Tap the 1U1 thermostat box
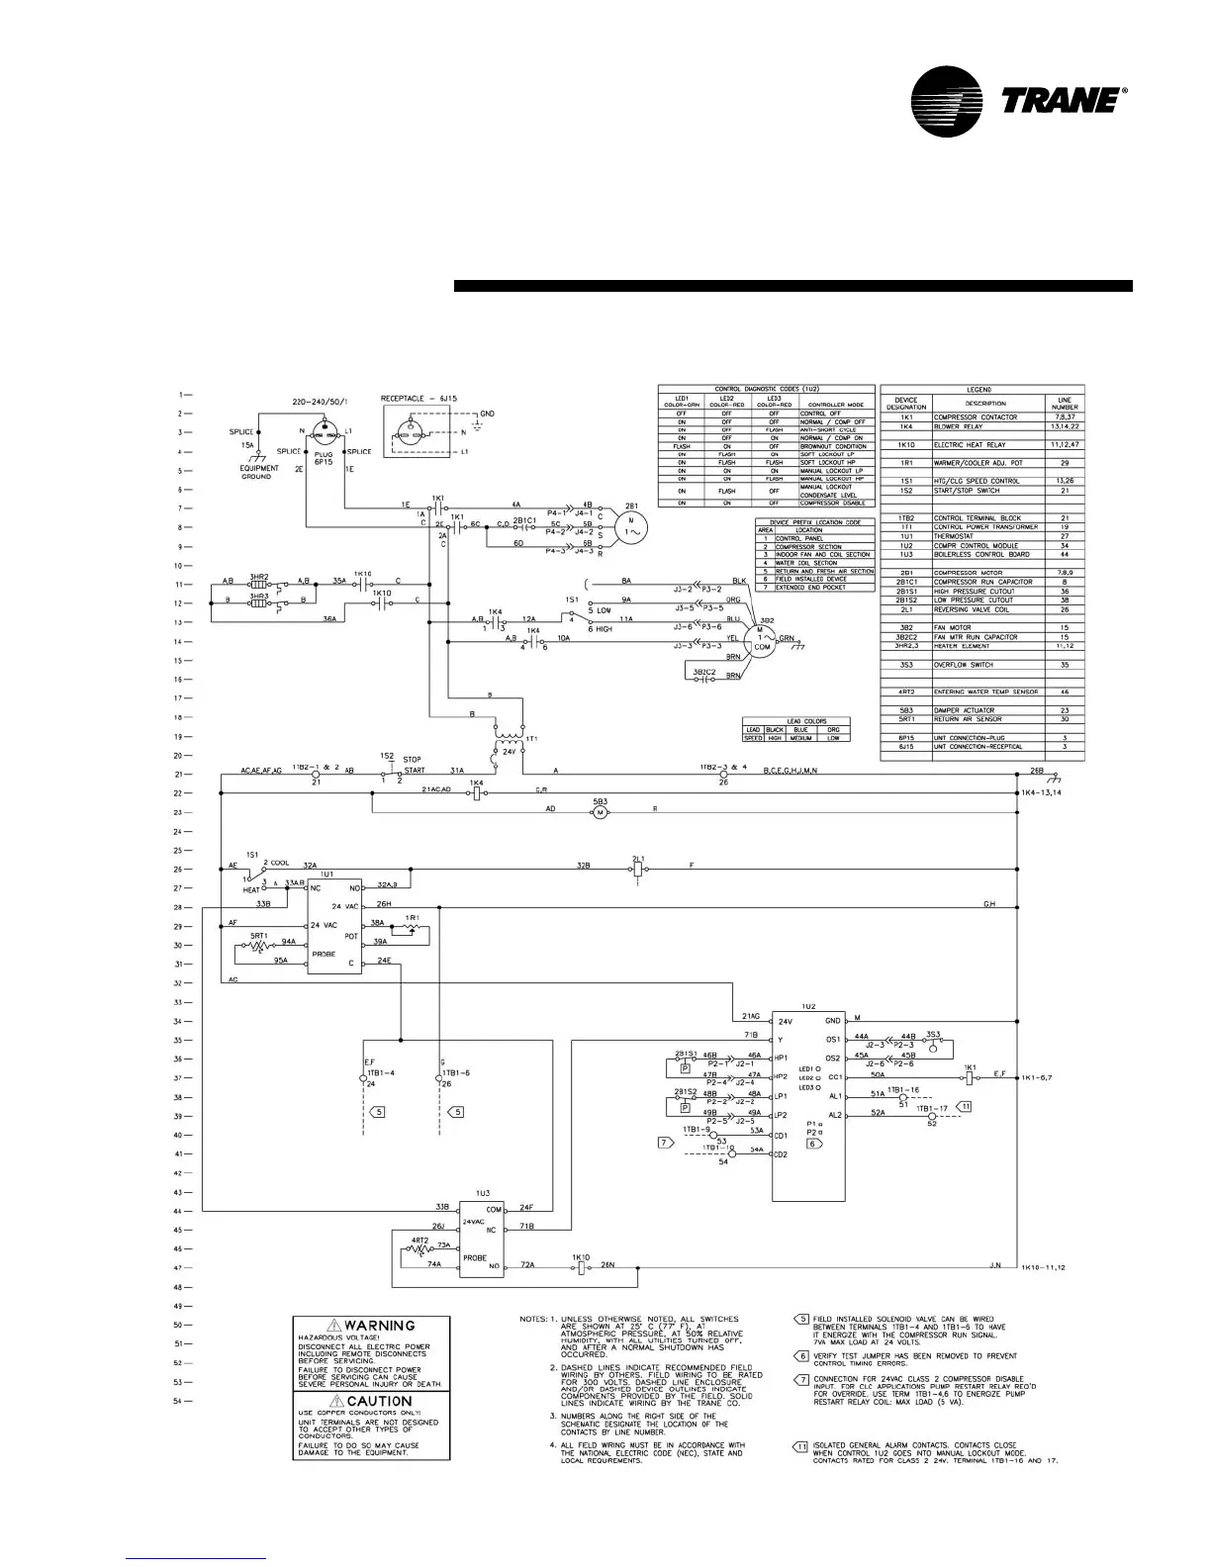(333, 926)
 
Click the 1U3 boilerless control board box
(482, 1240)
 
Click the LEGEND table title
(981, 390)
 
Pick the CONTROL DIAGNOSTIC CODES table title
(767, 390)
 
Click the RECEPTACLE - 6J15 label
(420, 399)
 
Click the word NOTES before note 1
(535, 1319)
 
